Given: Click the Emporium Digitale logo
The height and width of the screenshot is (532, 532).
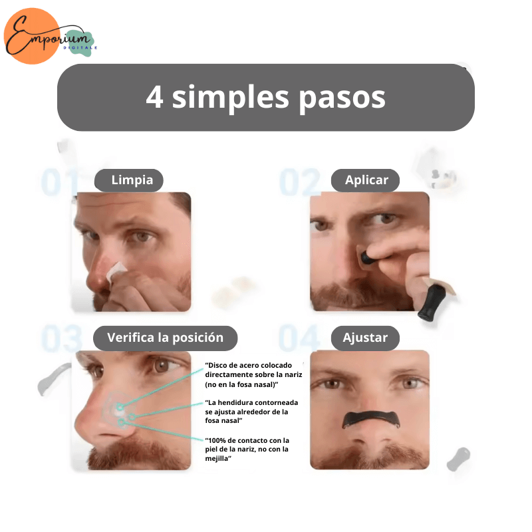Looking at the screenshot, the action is click(x=51, y=37).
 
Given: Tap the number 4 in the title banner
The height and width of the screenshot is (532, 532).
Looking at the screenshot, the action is click(x=155, y=96).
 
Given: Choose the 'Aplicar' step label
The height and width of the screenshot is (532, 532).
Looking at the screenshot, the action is click(x=365, y=180).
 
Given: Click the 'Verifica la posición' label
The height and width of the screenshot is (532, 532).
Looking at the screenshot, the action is click(x=165, y=338).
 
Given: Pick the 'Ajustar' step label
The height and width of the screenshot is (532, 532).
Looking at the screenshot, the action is click(x=365, y=338).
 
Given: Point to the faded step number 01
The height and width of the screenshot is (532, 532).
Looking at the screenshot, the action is click(x=58, y=182).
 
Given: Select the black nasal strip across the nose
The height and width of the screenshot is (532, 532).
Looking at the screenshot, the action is click(x=371, y=418).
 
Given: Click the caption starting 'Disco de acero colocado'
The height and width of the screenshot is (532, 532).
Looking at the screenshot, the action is click(x=253, y=375).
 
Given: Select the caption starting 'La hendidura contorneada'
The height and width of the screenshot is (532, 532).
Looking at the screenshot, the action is click(x=251, y=412).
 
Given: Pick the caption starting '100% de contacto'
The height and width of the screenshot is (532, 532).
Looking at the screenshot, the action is click(x=247, y=450).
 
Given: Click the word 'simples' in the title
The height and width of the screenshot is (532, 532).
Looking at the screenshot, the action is click(x=231, y=98).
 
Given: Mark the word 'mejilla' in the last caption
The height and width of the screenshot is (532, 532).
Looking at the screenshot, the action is click(x=217, y=459).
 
